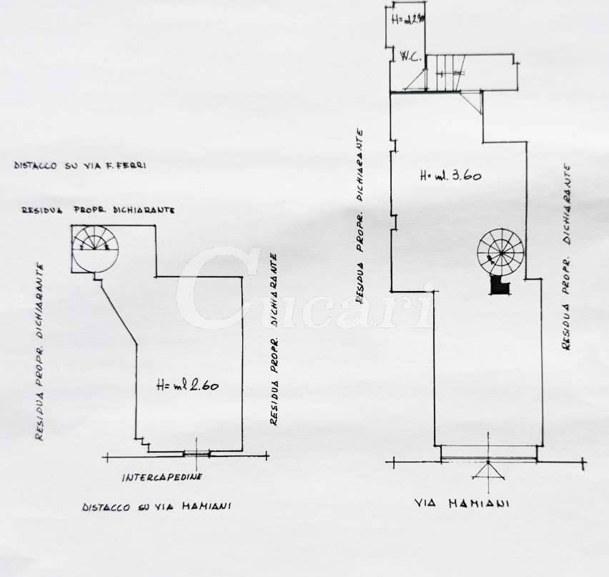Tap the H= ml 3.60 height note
click(x=450, y=174)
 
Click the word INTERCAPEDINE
click(x=162, y=477)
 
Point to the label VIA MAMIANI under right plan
click(x=462, y=503)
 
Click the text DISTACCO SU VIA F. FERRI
click(x=80, y=165)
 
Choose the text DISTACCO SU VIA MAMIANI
click(x=156, y=507)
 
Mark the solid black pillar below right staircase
click(x=499, y=285)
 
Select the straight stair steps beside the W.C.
click(x=446, y=72)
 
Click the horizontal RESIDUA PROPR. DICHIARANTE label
click(x=99, y=210)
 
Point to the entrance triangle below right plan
click(x=489, y=470)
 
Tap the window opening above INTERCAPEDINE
click(x=196, y=453)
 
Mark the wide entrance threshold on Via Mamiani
click(x=489, y=453)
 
